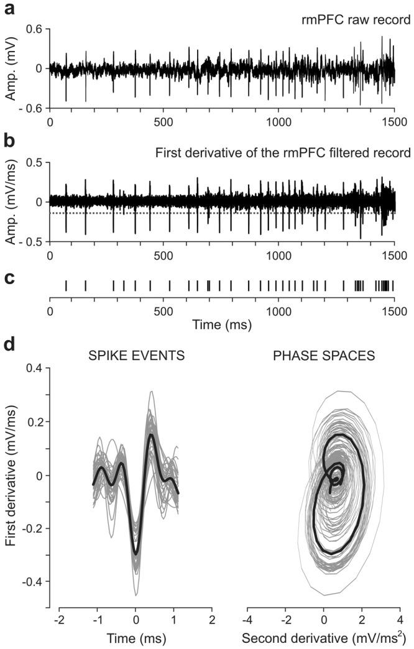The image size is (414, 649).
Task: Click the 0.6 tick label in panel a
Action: pyautogui.click(x=33, y=29)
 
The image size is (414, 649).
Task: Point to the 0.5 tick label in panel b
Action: pyautogui.click(x=33, y=162)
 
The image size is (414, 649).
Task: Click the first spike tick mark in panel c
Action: pyautogui.click(x=66, y=285)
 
